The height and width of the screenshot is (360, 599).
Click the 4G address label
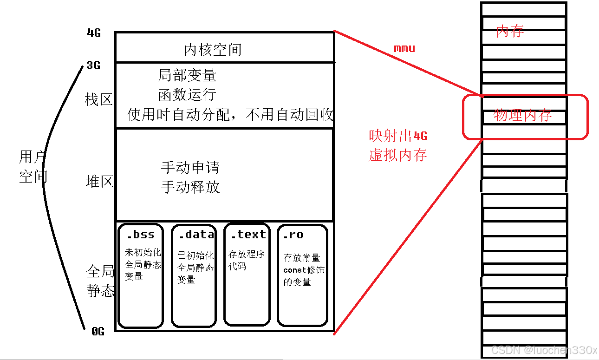pyautogui.click(x=94, y=33)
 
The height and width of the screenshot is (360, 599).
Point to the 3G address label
pyautogui.click(x=93, y=65)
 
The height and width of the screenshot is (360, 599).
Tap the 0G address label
pyautogui.click(x=98, y=331)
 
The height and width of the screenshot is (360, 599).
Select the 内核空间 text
pyautogui.click(x=213, y=50)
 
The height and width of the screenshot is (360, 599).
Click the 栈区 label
pyautogui.click(x=99, y=99)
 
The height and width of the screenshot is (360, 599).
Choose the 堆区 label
pyautogui.click(x=100, y=181)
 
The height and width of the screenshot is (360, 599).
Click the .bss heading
pyautogui.click(x=141, y=234)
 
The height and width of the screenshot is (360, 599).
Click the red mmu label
pyautogui.click(x=404, y=48)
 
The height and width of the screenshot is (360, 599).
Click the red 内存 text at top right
pyautogui.click(x=510, y=32)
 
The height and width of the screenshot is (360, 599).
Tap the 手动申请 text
pyautogui.click(x=190, y=167)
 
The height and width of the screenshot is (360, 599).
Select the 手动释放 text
pyautogui.click(x=190, y=187)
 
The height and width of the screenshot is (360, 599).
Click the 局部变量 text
pyautogui.click(x=187, y=75)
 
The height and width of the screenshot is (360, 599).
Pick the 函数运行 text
pyautogui.click(x=187, y=95)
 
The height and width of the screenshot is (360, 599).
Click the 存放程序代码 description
pyautogui.click(x=246, y=260)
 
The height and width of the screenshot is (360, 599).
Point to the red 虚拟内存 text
pyautogui.click(x=398, y=155)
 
